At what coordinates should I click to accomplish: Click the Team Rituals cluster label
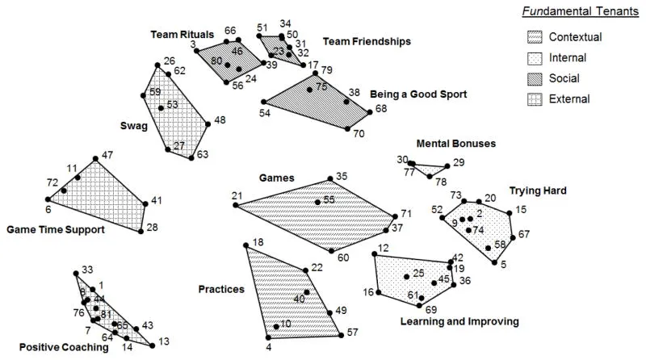[x=182, y=35]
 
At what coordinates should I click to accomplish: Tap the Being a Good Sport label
[x=418, y=94]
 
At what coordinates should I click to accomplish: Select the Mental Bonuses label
[x=455, y=144]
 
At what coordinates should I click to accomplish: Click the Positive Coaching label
[x=64, y=347]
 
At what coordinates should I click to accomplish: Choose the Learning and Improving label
[x=459, y=321]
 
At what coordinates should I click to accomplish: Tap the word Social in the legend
[x=564, y=78]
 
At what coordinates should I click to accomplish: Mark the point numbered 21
[x=235, y=205]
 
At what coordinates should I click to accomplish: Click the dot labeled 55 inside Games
[x=318, y=202]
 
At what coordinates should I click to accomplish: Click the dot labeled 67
[x=514, y=236]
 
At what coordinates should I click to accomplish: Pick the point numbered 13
[x=153, y=345]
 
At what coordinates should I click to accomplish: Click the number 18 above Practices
[x=258, y=243]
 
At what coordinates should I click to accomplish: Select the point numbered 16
[x=379, y=292]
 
